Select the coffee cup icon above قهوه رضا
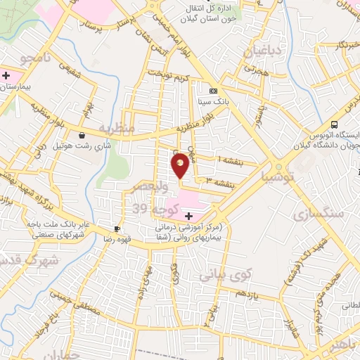(116, 229)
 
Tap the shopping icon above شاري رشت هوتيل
(83, 135)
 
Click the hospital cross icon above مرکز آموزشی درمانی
(188, 215)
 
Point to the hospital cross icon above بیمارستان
(6, 74)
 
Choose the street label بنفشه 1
(231, 160)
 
